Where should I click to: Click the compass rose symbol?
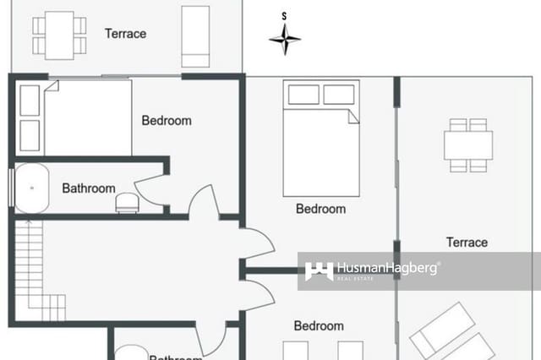pyautogui.click(x=285, y=37)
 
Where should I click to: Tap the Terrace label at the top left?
pyautogui.click(x=125, y=34)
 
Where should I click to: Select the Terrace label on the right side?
pyautogui.click(x=467, y=243)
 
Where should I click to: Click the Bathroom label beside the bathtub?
pyautogui.click(x=88, y=188)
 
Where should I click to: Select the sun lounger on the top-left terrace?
pyautogui.click(x=196, y=35)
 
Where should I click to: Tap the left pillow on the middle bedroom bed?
pyautogui.click(x=303, y=94)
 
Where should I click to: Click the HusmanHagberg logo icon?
pyautogui.click(x=319, y=271)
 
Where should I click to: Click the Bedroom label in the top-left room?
pyautogui.click(x=167, y=121)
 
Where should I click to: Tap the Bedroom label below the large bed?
pyautogui.click(x=320, y=209)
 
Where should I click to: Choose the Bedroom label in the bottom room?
pyautogui.click(x=319, y=325)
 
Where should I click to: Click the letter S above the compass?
pyautogui.click(x=285, y=15)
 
